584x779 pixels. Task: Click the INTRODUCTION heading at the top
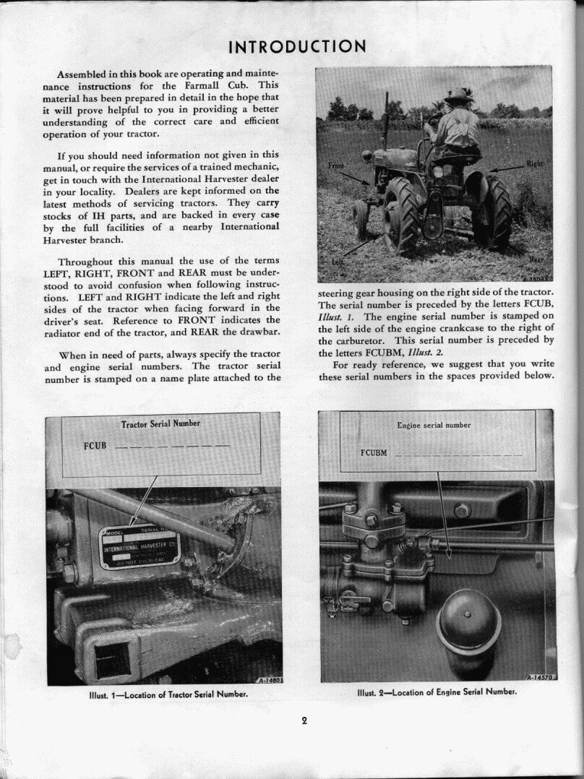297,48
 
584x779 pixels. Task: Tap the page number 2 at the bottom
304,720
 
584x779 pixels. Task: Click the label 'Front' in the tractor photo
337,166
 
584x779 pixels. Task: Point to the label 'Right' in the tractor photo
534,163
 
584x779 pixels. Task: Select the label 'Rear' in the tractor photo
537,259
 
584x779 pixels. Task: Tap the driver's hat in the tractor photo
459,95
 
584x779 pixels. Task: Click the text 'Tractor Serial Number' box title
160,423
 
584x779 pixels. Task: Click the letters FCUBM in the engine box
374,453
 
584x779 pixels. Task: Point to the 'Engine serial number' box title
434,426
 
